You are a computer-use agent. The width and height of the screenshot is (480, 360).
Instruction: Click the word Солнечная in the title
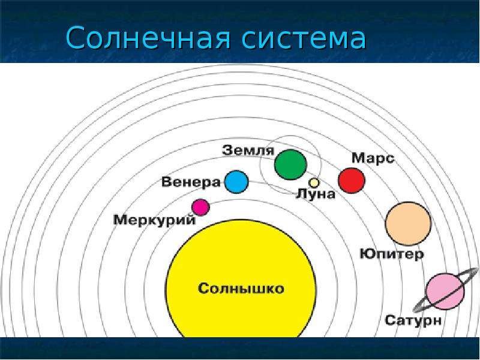148,38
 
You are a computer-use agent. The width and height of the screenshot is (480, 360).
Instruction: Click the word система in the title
304,38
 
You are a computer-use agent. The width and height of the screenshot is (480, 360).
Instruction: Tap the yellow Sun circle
241,278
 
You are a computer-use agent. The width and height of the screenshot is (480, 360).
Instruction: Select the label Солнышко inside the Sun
241,289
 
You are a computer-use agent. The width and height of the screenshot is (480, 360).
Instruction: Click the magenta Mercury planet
200,207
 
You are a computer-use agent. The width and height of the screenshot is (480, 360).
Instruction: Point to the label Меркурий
154,220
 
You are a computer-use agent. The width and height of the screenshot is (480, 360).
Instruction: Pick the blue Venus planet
236,182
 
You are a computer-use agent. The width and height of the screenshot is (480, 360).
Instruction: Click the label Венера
191,182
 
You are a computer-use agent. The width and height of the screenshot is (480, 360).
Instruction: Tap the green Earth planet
290,164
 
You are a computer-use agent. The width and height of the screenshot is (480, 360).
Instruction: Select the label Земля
248,151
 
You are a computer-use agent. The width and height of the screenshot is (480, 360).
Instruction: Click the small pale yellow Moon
314,183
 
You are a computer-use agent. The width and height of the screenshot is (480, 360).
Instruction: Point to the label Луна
316,194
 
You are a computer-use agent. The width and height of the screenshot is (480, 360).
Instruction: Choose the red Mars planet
352,181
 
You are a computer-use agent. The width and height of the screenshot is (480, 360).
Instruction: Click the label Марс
373,158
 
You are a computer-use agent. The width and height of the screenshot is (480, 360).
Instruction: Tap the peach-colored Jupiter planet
408,223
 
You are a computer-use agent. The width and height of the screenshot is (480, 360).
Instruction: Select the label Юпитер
392,254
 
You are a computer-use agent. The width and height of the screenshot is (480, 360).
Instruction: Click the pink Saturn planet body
445,291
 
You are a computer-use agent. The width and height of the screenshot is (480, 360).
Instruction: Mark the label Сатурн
413,320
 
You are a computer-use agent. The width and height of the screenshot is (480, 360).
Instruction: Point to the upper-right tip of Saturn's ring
476,269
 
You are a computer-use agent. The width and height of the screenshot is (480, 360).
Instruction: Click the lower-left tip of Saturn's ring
415,310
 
